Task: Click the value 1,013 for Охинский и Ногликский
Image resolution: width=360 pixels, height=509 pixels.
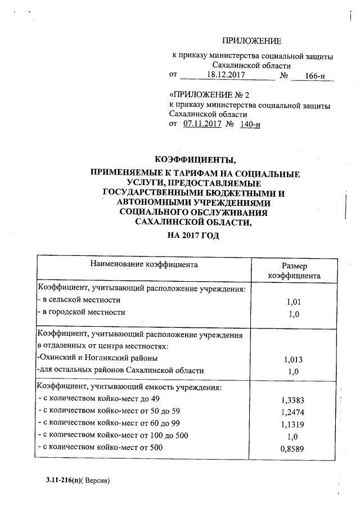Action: coord(294,359)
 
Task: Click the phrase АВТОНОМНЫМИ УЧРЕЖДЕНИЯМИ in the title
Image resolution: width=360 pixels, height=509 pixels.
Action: coord(193,202)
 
